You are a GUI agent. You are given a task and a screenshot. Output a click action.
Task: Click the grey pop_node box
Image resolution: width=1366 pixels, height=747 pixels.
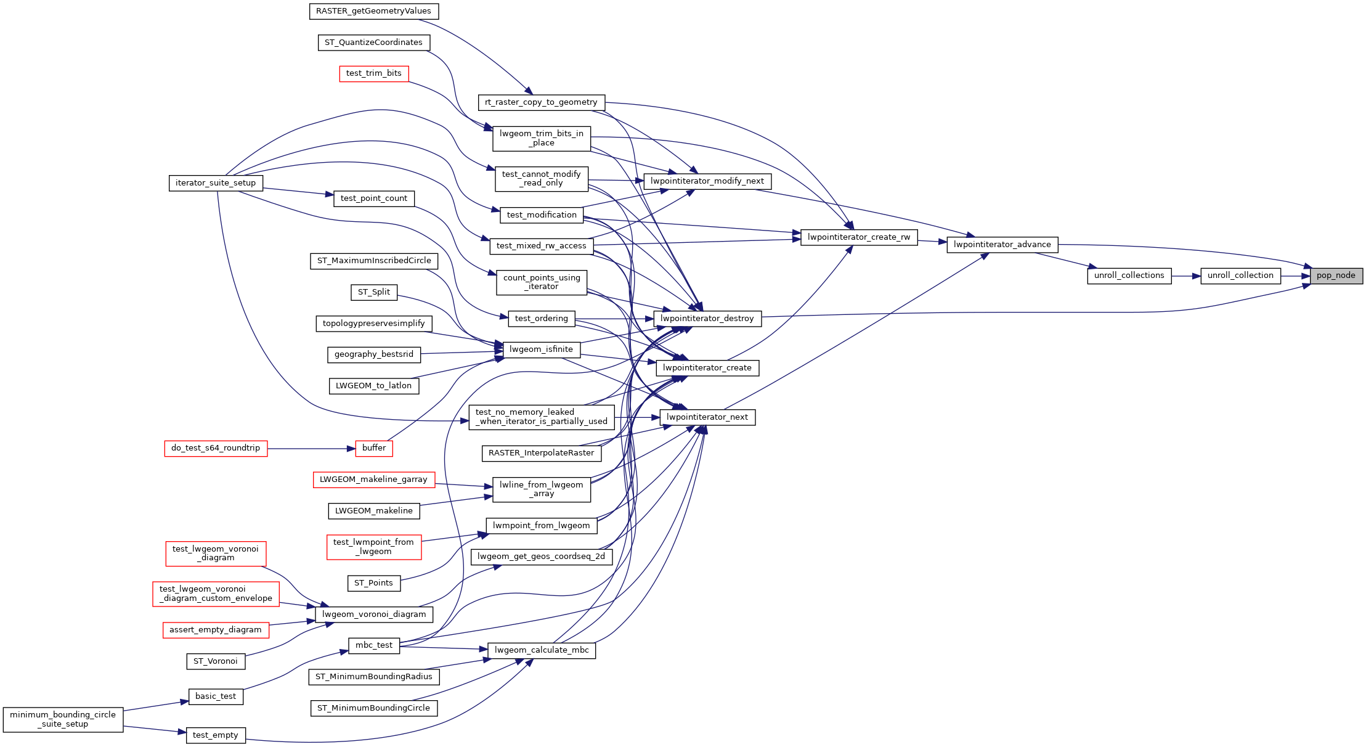pos(1336,276)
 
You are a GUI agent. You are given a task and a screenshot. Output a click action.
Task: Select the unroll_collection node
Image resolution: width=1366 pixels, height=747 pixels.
pos(1240,276)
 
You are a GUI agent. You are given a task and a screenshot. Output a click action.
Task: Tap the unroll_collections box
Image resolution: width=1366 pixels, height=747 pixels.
pos(1129,276)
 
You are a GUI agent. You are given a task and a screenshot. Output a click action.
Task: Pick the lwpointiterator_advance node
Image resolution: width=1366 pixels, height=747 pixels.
pos(1002,245)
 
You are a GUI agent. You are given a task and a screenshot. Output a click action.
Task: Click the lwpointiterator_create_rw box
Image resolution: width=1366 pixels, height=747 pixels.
pos(858,237)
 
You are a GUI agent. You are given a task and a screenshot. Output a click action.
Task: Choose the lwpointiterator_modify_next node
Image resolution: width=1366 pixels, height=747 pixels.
pos(707,181)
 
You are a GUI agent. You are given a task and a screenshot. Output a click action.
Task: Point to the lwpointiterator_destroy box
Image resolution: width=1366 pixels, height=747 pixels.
pos(707,319)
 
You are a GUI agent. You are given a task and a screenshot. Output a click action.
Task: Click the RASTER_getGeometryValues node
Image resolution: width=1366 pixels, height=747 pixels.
pos(373,11)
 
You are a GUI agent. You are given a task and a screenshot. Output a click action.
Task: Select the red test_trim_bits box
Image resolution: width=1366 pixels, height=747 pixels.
pos(373,73)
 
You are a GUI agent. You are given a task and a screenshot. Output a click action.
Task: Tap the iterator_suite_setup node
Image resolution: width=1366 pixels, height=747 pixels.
pos(216,183)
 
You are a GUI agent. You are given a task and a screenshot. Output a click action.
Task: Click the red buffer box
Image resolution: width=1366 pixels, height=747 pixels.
pos(374,448)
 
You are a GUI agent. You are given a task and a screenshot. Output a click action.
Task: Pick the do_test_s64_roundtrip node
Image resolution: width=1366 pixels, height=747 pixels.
pos(216,448)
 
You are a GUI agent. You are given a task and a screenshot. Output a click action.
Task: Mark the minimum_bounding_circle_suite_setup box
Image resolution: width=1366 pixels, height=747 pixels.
pos(63,719)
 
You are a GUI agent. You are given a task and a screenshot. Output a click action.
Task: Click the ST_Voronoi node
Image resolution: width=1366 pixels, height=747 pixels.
pos(216,661)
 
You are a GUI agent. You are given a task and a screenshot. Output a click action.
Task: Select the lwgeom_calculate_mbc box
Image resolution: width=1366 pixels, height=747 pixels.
pos(541,650)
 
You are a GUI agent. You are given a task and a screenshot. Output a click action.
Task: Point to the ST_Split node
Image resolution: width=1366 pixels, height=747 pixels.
pos(373,292)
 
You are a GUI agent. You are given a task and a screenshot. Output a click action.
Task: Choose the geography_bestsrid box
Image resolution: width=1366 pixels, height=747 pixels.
pos(373,354)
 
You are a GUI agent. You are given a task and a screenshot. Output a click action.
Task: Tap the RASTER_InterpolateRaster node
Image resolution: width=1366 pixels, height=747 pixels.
pos(541,453)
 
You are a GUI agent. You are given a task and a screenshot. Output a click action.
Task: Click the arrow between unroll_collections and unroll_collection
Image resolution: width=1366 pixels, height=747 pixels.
pos(1185,276)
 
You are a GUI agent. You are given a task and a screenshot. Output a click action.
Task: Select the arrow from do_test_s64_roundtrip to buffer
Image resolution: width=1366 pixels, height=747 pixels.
pos(311,449)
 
